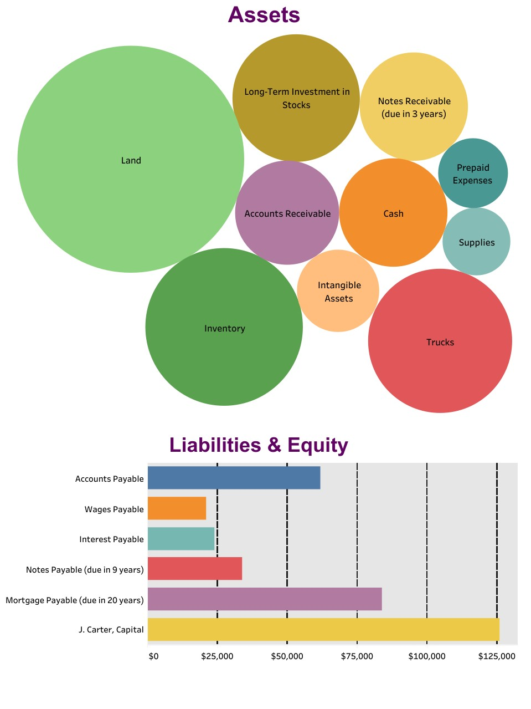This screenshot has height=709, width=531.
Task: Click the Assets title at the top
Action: [264, 15]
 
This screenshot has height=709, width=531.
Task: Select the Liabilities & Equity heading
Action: [258, 445]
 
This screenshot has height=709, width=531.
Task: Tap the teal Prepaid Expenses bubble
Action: [473, 173]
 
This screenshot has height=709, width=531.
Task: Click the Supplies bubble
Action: [476, 242]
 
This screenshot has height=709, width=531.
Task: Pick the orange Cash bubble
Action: [393, 213]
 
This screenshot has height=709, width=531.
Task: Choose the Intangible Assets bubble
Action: [338, 291]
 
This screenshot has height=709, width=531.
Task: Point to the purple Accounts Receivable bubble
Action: [287, 213]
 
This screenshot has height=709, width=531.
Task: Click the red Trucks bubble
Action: [440, 341]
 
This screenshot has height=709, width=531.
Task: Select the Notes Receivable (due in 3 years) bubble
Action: [414, 107]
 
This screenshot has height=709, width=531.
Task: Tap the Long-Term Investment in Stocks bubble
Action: [296, 98]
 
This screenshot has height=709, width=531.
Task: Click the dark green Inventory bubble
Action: [224, 327]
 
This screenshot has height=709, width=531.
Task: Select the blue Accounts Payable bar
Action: [234, 478]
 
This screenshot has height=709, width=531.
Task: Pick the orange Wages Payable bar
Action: [177, 508]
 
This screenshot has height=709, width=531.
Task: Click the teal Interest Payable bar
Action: [181, 539]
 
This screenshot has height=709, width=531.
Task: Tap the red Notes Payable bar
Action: [195, 569]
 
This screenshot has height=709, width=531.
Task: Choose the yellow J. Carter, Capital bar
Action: [323, 630]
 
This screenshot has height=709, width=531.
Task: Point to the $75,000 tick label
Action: [357, 656]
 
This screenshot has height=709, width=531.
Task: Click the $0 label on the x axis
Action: [153, 656]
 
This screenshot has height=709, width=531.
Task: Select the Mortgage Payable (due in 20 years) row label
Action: [75, 600]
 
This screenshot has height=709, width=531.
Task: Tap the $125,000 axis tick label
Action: [497, 656]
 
